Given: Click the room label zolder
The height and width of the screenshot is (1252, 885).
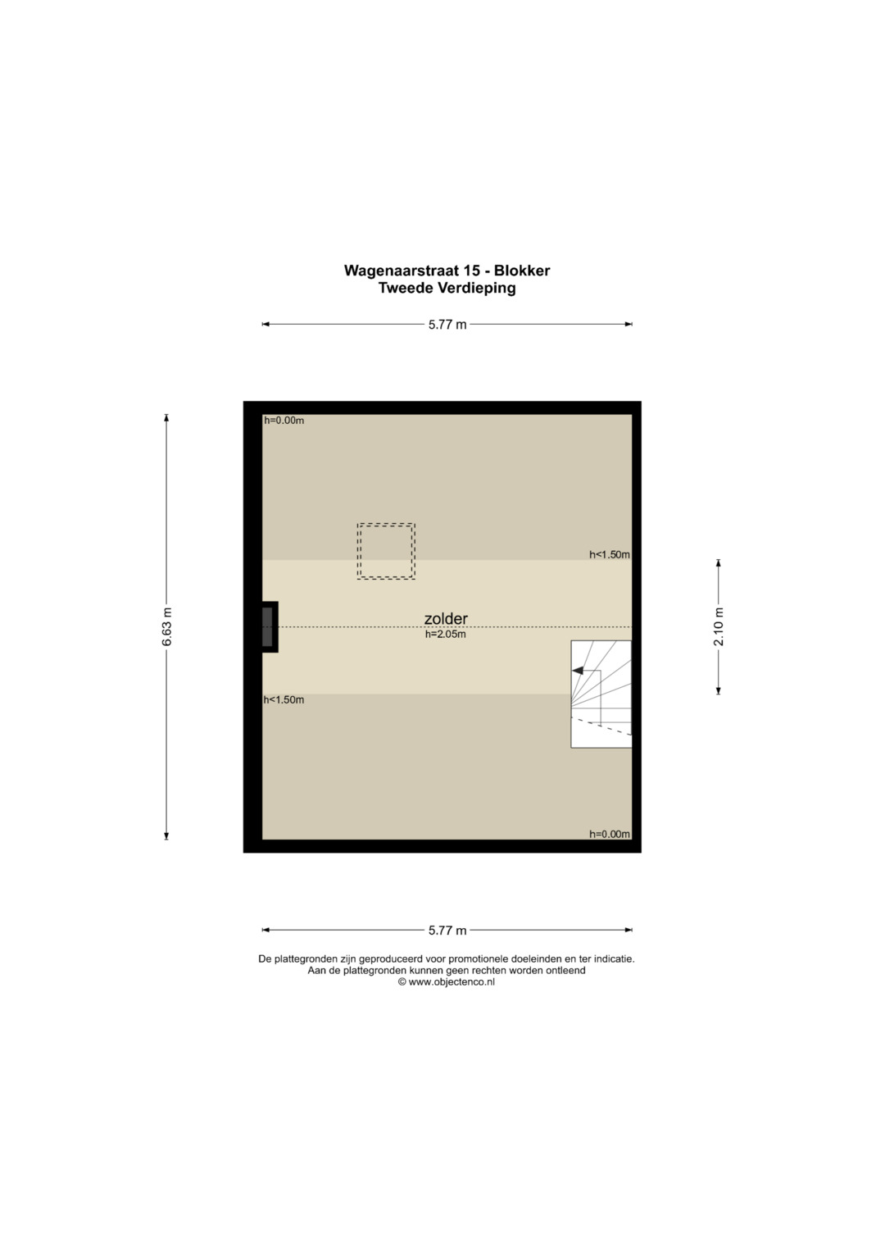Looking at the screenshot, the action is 445,619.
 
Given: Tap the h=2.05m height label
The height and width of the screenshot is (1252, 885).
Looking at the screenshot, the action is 445,635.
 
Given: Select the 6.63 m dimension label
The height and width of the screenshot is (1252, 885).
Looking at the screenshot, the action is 166,626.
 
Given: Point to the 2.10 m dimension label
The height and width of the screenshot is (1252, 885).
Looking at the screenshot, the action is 719,626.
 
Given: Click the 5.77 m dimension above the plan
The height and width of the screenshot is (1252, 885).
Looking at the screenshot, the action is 447,325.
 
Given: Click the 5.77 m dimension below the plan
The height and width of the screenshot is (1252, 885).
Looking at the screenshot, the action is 447,931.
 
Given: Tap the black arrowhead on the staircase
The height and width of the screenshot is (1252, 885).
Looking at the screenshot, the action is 578,670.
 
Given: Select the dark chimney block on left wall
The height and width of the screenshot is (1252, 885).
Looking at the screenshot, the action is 268,626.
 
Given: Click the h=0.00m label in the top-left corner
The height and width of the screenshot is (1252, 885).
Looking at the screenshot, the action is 284,421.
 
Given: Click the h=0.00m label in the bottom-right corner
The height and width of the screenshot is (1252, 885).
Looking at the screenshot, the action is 610,834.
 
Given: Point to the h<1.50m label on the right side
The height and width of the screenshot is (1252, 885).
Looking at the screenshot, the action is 610,554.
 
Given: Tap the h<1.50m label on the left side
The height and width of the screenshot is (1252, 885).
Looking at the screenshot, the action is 284,699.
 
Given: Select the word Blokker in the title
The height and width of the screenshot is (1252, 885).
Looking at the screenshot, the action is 522,271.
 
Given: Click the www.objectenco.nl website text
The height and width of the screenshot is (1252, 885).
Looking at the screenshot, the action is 452,982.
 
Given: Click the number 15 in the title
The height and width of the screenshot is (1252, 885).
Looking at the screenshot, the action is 471,271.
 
